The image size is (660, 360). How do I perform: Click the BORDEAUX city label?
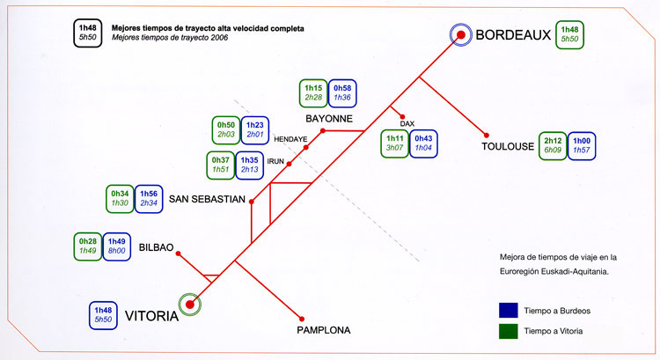click(x=512, y=35)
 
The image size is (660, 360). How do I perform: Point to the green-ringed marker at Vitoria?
click(x=189, y=305)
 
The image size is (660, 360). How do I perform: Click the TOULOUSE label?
click(x=509, y=147)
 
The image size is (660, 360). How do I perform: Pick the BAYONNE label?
click(x=329, y=118)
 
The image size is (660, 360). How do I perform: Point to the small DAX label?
click(x=406, y=123)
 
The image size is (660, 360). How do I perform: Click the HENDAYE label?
click(x=290, y=139)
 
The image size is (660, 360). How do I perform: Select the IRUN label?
click(x=276, y=162)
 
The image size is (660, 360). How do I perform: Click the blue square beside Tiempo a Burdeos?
click(x=508, y=310)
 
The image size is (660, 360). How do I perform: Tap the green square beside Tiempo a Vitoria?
click(x=508, y=331)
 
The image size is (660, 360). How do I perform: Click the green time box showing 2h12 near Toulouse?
click(x=553, y=145)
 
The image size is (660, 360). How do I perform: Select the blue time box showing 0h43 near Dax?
click(x=423, y=143)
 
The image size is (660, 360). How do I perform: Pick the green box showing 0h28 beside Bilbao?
click(x=88, y=246)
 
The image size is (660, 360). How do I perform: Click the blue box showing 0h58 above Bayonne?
click(x=342, y=92)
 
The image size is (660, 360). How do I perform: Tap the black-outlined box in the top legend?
click(x=88, y=33)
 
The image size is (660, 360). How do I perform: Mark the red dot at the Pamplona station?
click(x=302, y=317)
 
